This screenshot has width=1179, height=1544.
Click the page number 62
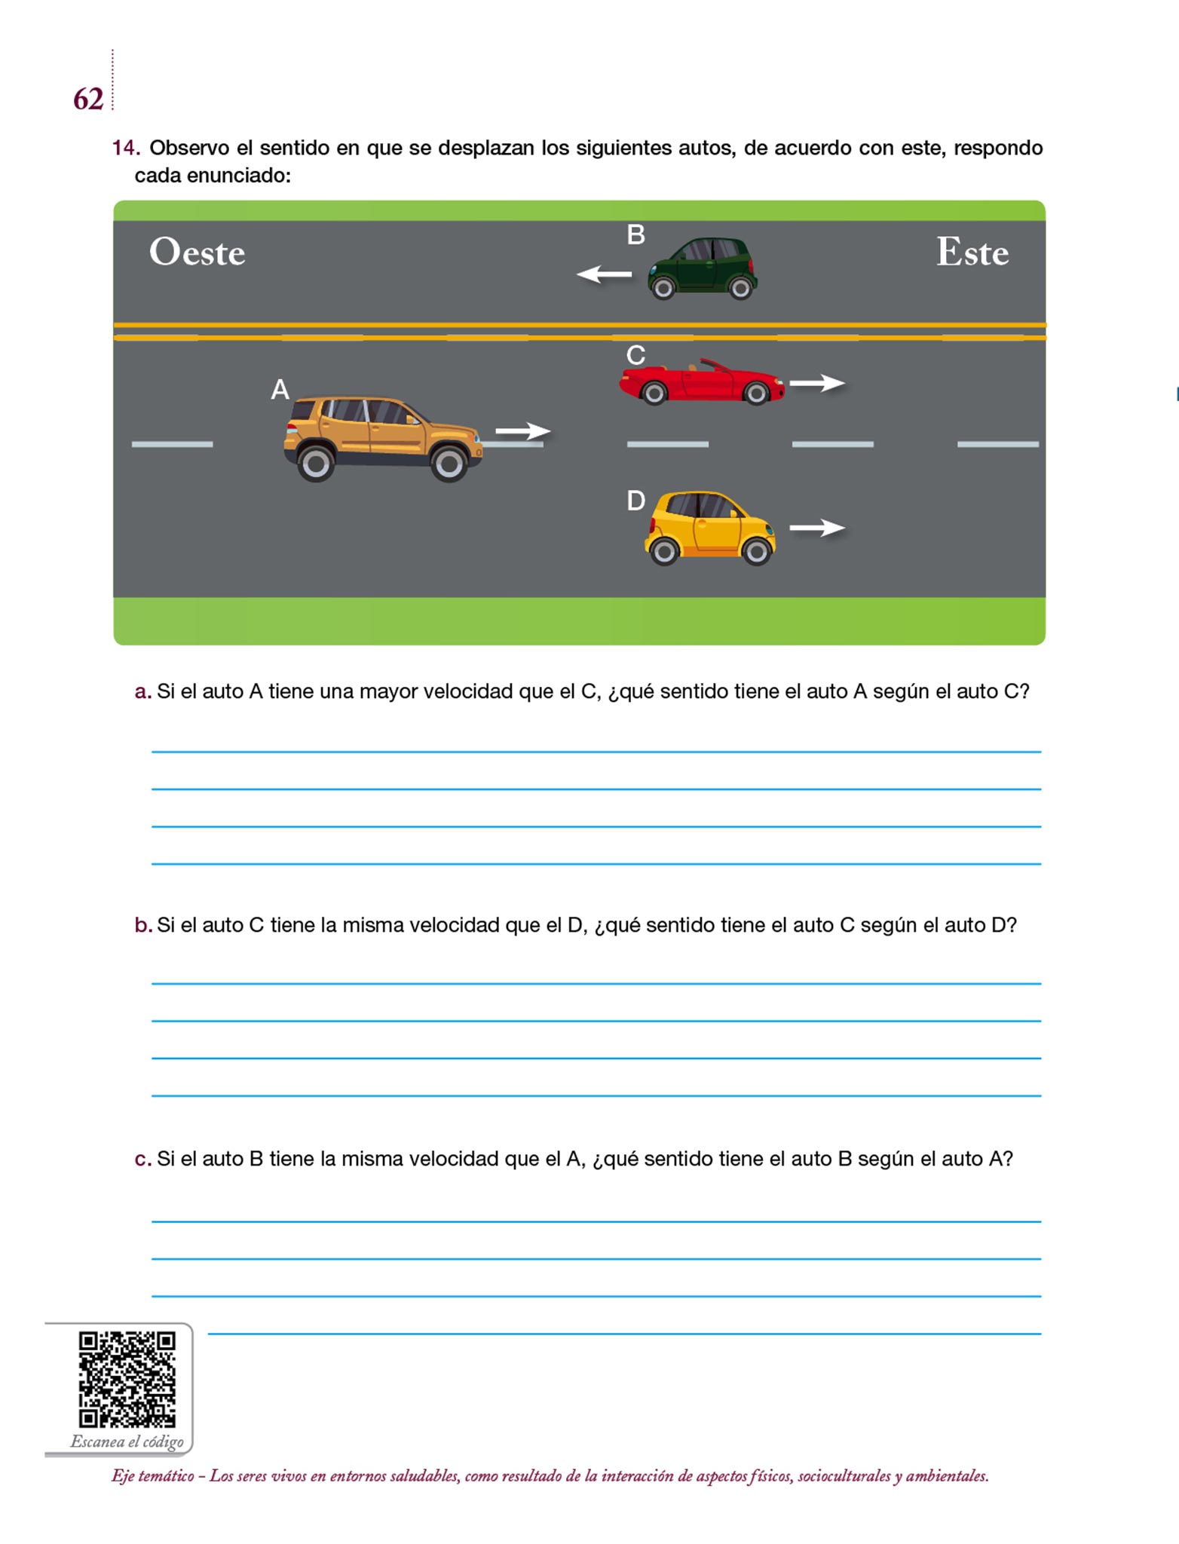(88, 99)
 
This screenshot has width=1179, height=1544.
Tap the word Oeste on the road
(198, 252)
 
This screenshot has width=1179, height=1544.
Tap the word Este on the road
(972, 252)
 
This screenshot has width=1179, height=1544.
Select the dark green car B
(702, 268)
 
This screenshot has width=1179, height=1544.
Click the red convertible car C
(702, 382)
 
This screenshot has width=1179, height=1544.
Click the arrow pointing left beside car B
(604, 274)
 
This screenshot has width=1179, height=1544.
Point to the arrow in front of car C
(817, 383)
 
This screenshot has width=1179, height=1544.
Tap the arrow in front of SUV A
(523, 431)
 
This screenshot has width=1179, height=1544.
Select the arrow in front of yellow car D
(817, 528)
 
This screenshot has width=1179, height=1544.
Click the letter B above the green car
(635, 235)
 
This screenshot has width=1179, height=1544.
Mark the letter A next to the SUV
(280, 390)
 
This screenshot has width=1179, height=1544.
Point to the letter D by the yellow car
(635, 501)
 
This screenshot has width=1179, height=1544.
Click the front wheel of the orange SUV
(449, 463)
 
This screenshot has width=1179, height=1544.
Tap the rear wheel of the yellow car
(664, 552)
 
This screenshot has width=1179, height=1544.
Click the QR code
(127, 1379)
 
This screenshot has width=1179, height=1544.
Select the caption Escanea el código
(127, 1441)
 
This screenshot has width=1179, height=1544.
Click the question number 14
(125, 148)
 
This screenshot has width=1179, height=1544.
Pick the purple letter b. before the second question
(142, 924)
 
